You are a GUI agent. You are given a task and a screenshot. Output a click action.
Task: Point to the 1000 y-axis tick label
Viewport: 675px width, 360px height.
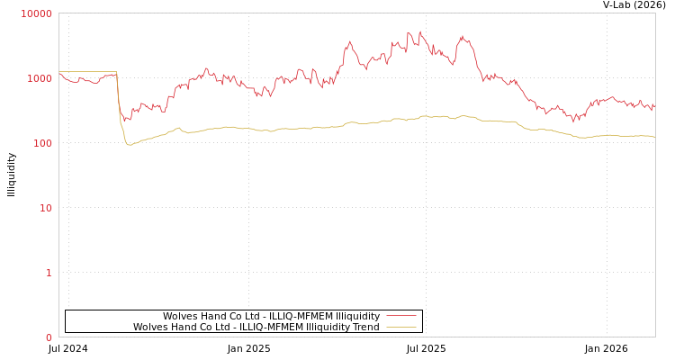point(39,78)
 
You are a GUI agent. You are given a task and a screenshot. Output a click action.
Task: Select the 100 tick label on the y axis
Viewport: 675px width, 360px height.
point(41,143)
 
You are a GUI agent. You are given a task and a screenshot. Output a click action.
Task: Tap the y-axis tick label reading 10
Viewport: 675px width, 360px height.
point(45,208)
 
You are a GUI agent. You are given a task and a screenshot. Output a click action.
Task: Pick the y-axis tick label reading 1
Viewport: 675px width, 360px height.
point(49,273)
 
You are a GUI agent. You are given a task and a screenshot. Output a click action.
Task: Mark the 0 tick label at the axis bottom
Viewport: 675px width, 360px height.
point(49,337)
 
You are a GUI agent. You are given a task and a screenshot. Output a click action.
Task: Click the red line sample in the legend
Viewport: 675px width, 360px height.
point(400,316)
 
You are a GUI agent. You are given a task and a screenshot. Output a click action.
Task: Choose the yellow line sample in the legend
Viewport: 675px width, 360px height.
point(400,327)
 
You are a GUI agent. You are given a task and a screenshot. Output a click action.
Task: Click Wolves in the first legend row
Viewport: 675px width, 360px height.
point(179,316)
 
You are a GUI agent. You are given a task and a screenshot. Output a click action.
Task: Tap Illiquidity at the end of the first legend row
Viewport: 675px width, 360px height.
point(357,316)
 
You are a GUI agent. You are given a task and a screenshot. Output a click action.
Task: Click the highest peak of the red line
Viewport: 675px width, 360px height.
point(419,31)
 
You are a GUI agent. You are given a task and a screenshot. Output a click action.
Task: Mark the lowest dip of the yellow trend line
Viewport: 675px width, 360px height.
point(129,144)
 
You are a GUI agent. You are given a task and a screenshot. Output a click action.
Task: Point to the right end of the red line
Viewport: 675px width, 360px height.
point(654,107)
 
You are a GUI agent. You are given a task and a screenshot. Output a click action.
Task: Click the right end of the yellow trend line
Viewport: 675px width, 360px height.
point(654,137)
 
